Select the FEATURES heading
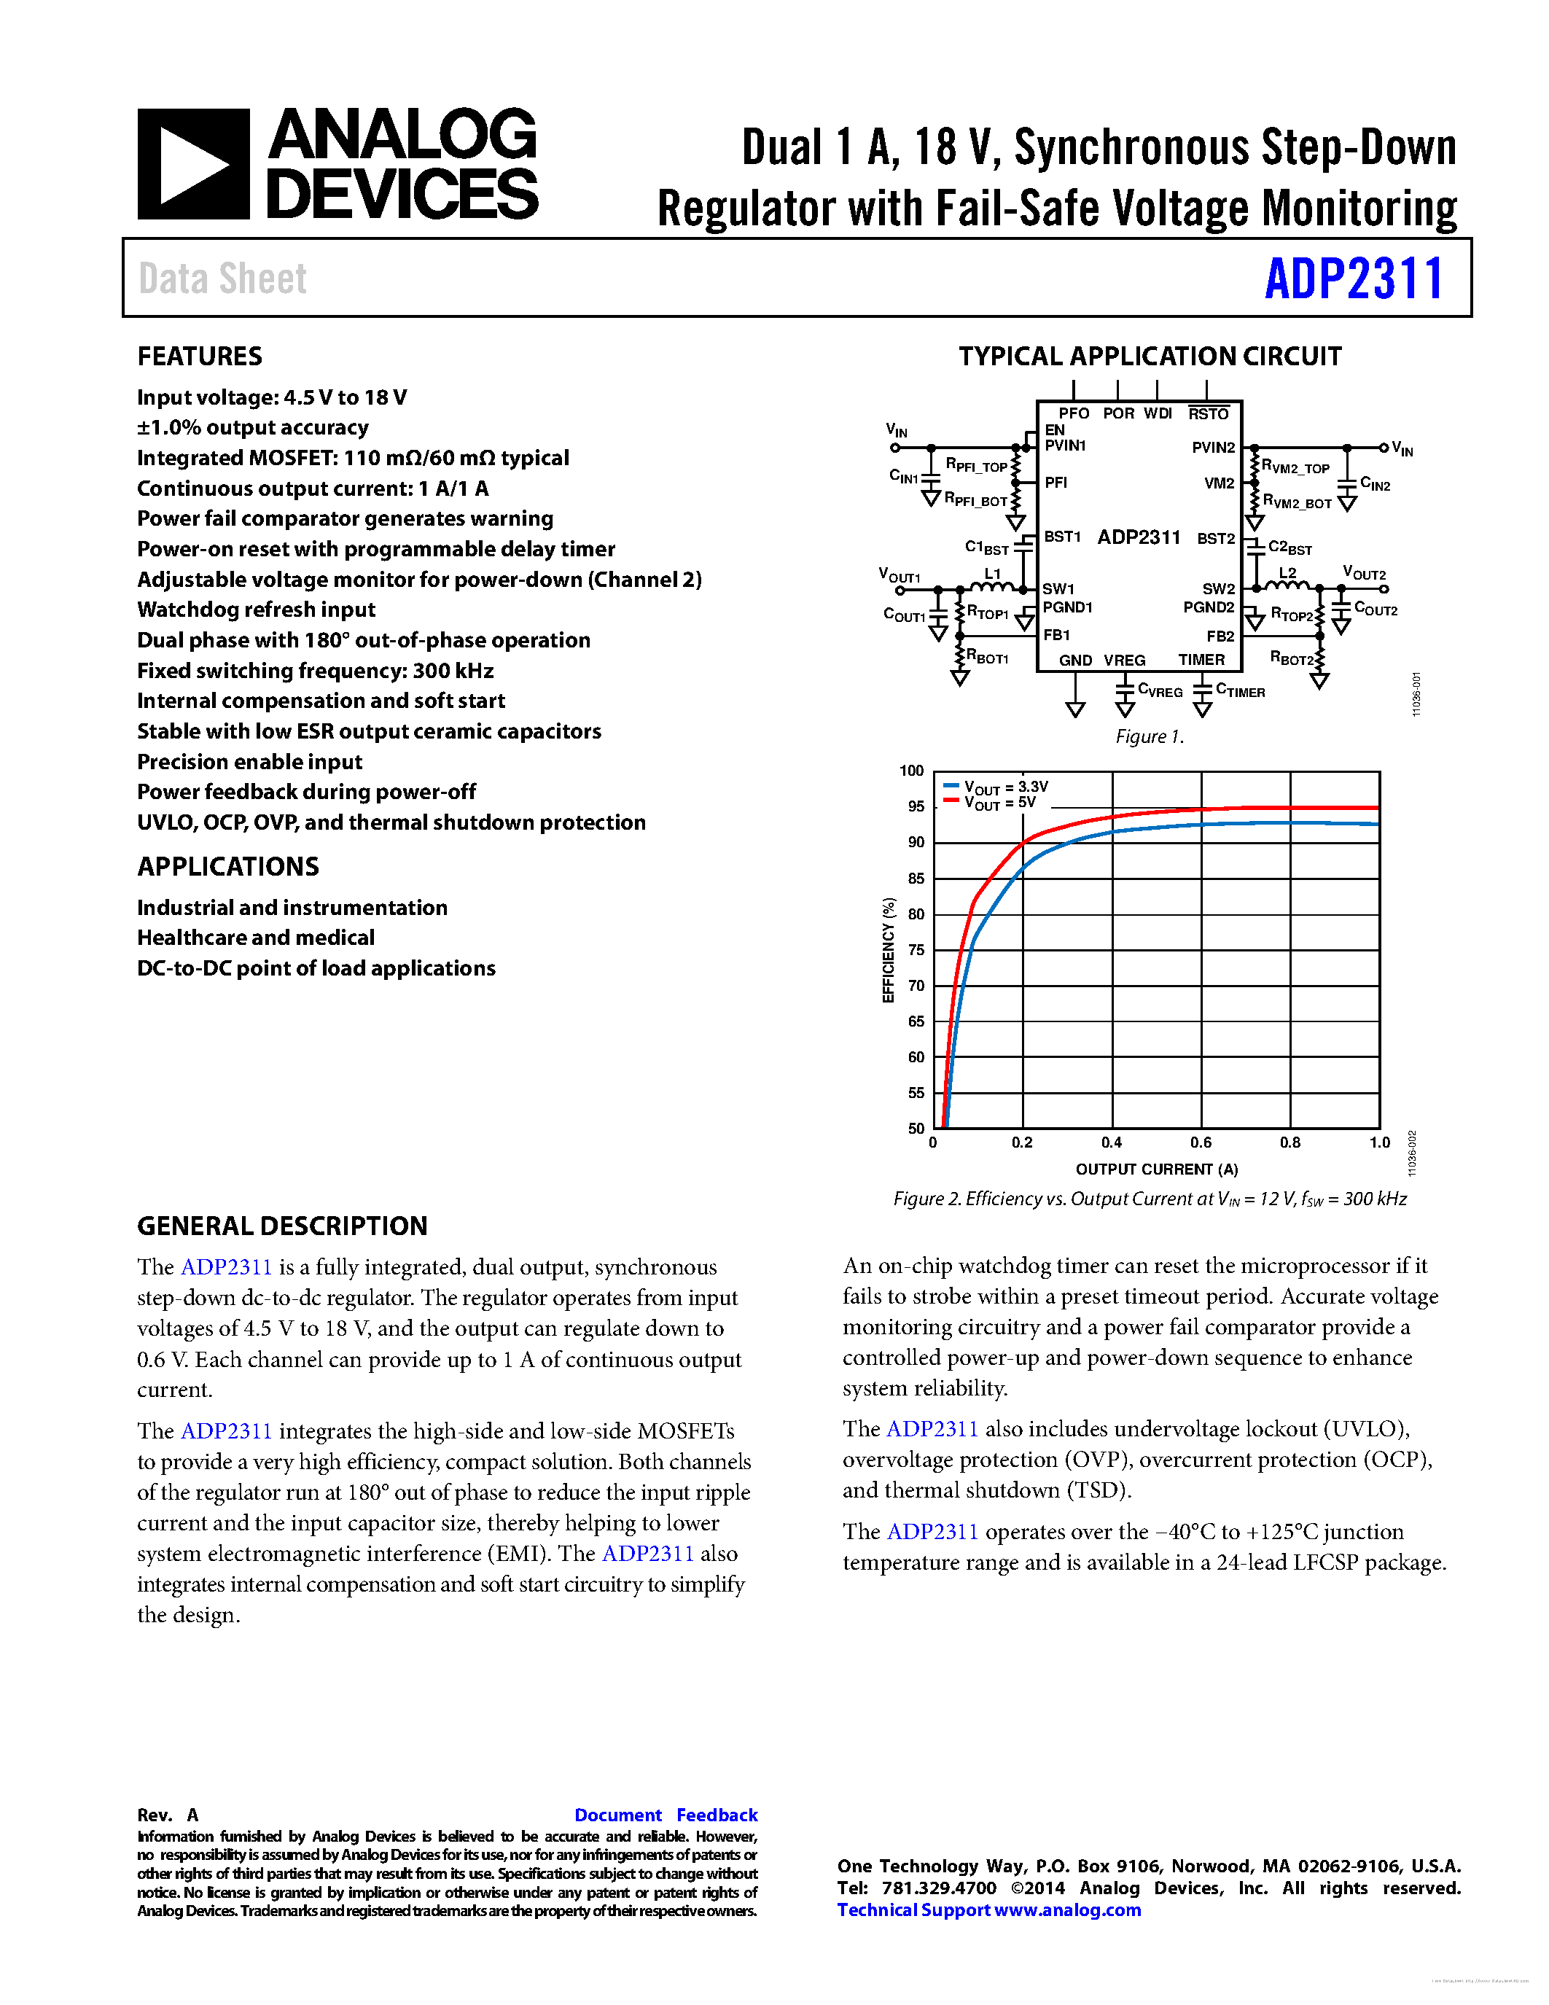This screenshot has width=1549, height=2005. pyautogui.click(x=199, y=357)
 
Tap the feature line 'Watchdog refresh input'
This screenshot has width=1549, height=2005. pyautogui.click(x=256, y=610)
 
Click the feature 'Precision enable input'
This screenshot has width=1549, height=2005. pyautogui.click(x=249, y=762)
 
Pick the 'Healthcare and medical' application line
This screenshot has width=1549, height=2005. pyautogui.click(x=255, y=938)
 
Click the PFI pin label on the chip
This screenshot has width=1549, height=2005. pyautogui.click(x=1056, y=482)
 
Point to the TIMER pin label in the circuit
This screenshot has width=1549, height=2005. pyautogui.click(x=1201, y=659)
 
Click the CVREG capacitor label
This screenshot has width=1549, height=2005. pyautogui.click(x=1159, y=690)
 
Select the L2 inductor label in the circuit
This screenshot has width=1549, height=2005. pyautogui.click(x=1287, y=573)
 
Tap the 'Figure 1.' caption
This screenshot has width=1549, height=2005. pyautogui.click(x=1149, y=736)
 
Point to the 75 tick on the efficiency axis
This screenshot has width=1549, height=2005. pyautogui.click(x=916, y=949)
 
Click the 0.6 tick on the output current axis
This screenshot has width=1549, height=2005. pyautogui.click(x=1201, y=1142)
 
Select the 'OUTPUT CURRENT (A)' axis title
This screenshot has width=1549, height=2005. pyautogui.click(x=1156, y=1169)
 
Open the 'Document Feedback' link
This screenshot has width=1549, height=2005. pyautogui.click(x=666, y=1815)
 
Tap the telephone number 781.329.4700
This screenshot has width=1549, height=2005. pyautogui.click(x=938, y=1888)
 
